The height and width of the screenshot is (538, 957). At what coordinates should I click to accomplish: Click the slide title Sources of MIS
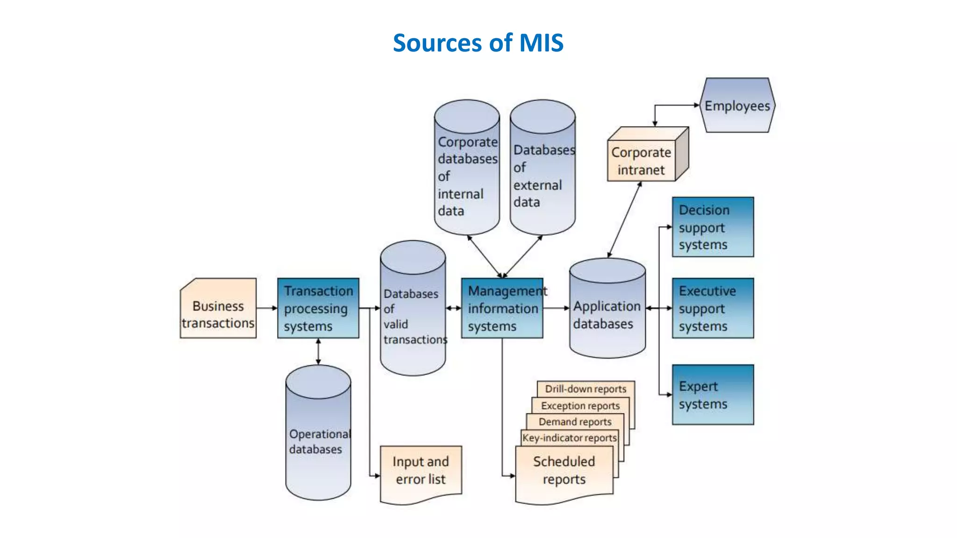pos(478,43)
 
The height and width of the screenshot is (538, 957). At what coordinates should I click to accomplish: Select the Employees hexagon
pos(737,106)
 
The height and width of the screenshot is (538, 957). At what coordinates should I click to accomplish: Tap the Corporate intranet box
pos(641,161)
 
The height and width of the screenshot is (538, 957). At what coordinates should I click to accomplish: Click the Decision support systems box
pos(713,227)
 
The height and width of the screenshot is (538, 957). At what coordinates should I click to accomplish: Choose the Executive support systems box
pos(713,308)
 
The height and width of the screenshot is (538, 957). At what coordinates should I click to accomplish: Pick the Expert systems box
pos(713,395)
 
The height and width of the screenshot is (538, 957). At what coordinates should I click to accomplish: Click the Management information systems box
pos(502,308)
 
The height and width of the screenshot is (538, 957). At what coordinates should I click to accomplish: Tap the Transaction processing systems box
pos(318,308)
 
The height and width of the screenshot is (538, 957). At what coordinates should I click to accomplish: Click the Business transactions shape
pos(218,314)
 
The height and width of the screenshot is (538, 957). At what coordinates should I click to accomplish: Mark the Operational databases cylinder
pos(318,441)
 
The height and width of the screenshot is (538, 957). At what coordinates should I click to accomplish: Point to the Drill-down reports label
pos(586,389)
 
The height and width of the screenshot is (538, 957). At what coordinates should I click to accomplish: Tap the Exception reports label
pos(580,405)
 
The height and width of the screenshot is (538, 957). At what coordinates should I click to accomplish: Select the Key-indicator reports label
pos(570,438)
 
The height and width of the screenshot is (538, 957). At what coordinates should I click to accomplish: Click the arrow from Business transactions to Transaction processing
pos(267,308)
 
